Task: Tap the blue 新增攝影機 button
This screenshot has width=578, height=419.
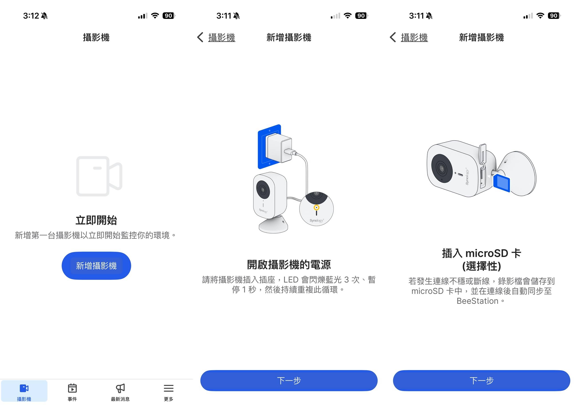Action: [x=96, y=266]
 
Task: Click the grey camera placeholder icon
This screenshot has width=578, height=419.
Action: [x=99, y=176]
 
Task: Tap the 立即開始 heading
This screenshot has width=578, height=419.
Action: [x=96, y=220]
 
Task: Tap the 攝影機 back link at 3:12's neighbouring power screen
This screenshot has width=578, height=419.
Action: [x=221, y=38]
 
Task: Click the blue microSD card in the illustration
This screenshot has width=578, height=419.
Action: [x=501, y=183]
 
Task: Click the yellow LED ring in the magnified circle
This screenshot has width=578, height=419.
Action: [x=316, y=207]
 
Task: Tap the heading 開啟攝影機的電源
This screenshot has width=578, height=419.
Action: [x=289, y=264]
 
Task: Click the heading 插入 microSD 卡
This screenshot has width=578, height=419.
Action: [x=481, y=253]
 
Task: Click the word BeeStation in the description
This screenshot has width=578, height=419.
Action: [x=477, y=301]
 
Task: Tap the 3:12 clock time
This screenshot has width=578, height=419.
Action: [x=31, y=16]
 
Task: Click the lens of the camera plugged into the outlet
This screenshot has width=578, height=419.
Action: [x=262, y=189]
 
